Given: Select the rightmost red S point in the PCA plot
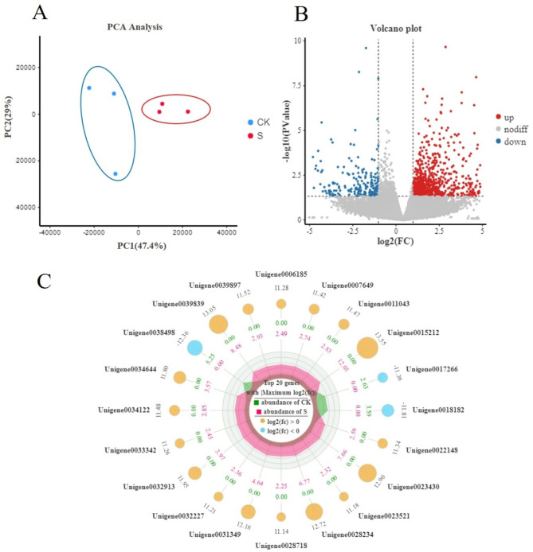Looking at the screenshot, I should click(188, 112).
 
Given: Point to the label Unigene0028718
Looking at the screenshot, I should click(280, 545).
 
